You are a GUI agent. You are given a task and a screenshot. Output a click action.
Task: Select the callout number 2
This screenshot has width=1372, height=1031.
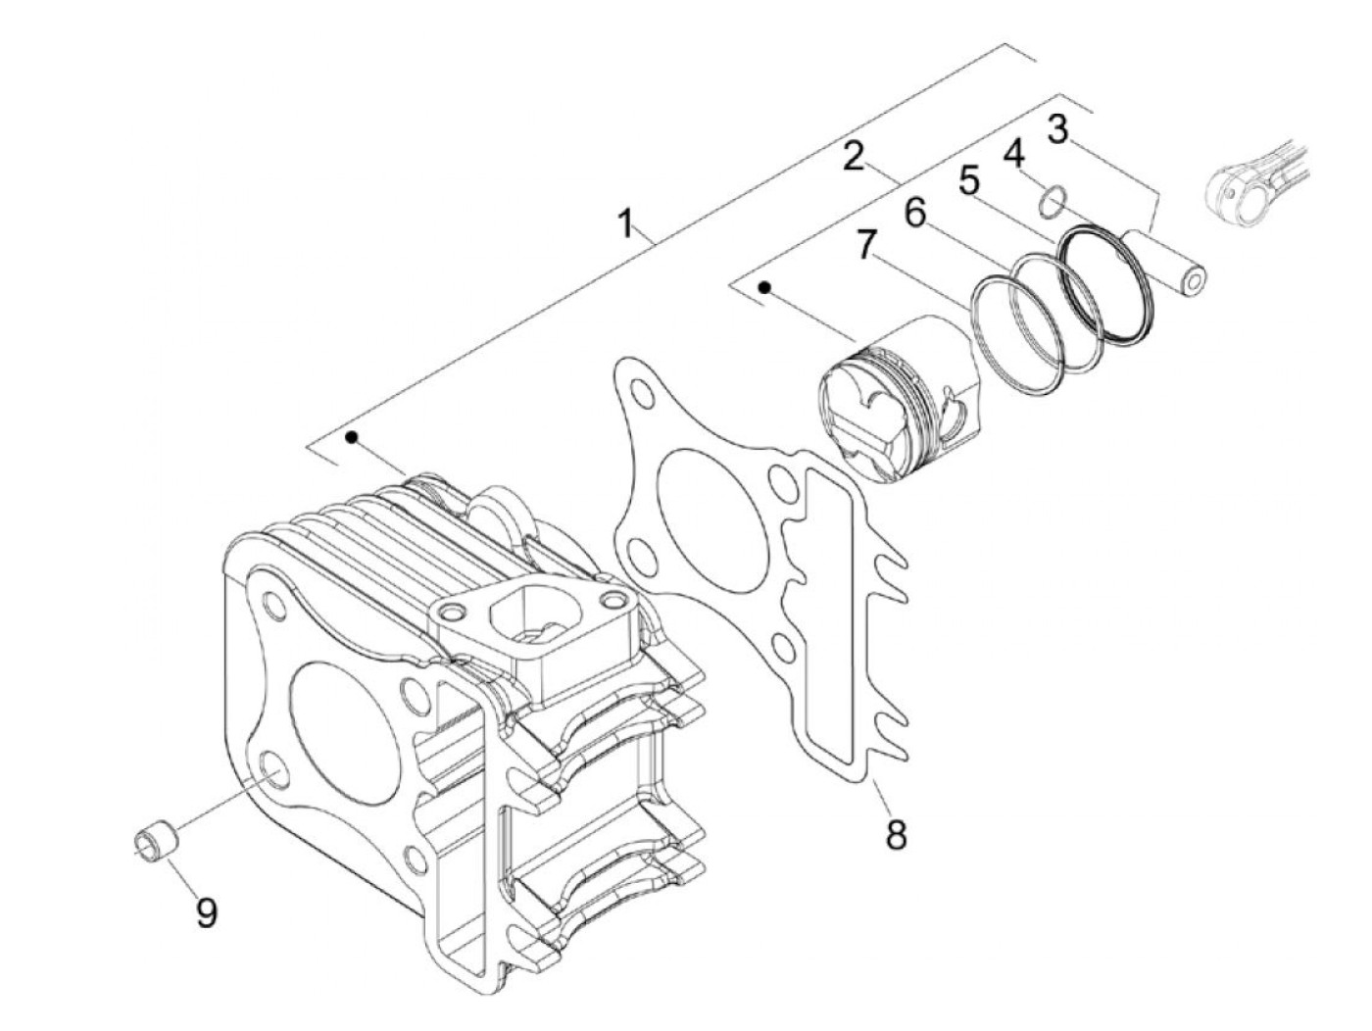point(855,156)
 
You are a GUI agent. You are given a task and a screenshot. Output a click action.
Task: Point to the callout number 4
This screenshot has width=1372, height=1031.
point(1013,152)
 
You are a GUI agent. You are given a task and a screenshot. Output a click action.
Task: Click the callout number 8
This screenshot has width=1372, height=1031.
point(894,834)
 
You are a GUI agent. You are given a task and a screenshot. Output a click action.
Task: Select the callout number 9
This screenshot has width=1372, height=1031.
point(206,911)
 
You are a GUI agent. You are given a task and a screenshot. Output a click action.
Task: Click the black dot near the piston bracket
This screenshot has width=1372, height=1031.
point(765,287)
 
